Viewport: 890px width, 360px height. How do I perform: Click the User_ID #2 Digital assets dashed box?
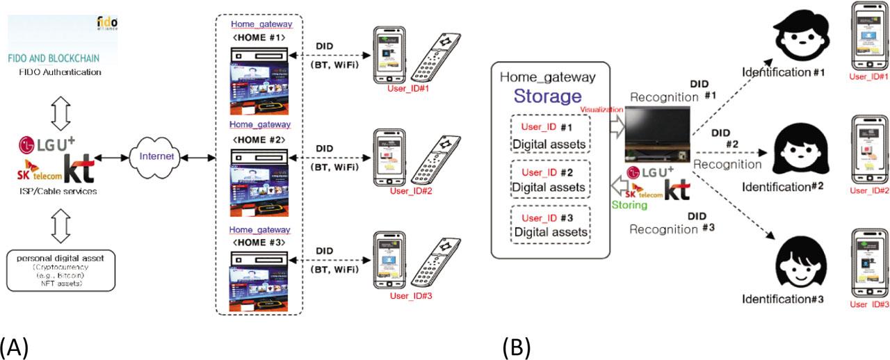point(549,180)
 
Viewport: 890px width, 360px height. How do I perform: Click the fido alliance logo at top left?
point(106,22)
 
